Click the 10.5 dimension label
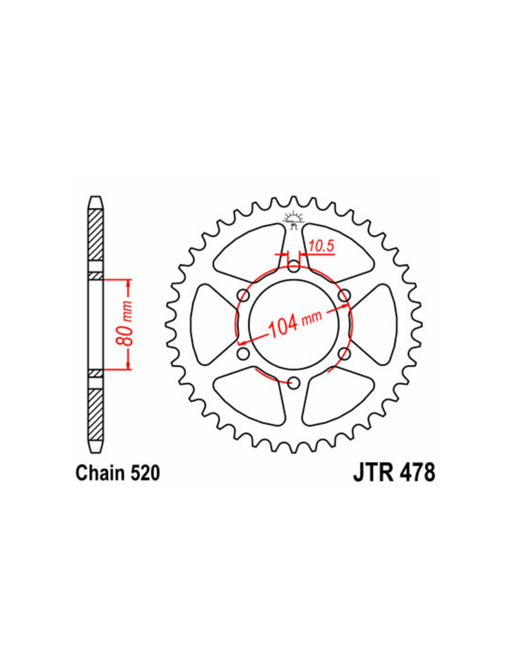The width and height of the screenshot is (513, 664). click(322, 246)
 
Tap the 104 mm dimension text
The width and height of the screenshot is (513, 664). click(294, 325)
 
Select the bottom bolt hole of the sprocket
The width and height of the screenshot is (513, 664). click(294, 382)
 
